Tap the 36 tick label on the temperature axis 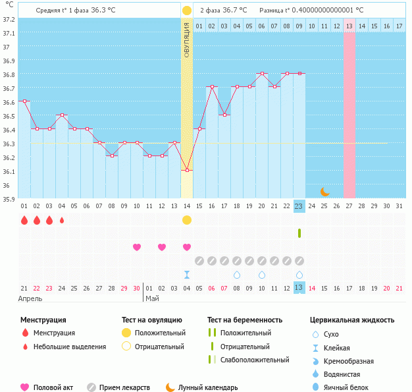click(8, 185)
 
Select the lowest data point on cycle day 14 click(187, 171)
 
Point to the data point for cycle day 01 click(24, 101)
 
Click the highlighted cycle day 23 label click(299, 206)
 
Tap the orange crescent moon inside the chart click(324, 192)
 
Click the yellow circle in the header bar click(187, 11)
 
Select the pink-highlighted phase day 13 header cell click(349, 26)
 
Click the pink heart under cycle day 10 click(137, 247)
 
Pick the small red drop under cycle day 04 click(62, 220)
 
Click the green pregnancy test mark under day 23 click(299, 233)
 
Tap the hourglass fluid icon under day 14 click(187, 275)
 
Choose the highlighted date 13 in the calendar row click(299, 288)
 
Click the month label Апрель click(30, 298)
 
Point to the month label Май click(151, 298)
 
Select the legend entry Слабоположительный click(255, 360)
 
